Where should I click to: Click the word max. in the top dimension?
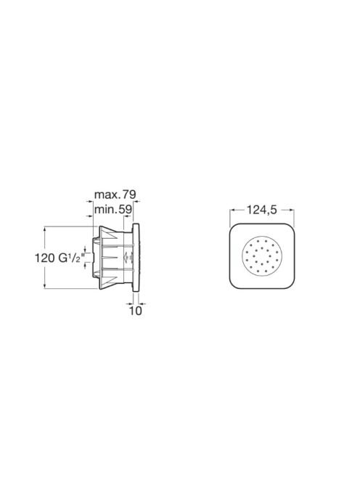click(x=107, y=195)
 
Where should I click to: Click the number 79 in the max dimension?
click(x=129, y=195)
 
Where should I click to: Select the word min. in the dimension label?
click(x=106, y=210)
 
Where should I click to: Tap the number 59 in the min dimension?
click(x=126, y=210)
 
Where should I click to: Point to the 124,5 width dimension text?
click(x=262, y=210)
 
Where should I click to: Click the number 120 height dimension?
click(x=44, y=258)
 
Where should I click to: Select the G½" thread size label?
click(x=70, y=258)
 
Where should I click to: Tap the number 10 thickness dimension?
click(x=136, y=311)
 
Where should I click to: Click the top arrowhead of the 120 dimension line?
click(x=45, y=229)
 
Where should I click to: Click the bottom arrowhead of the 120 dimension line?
click(x=45, y=286)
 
